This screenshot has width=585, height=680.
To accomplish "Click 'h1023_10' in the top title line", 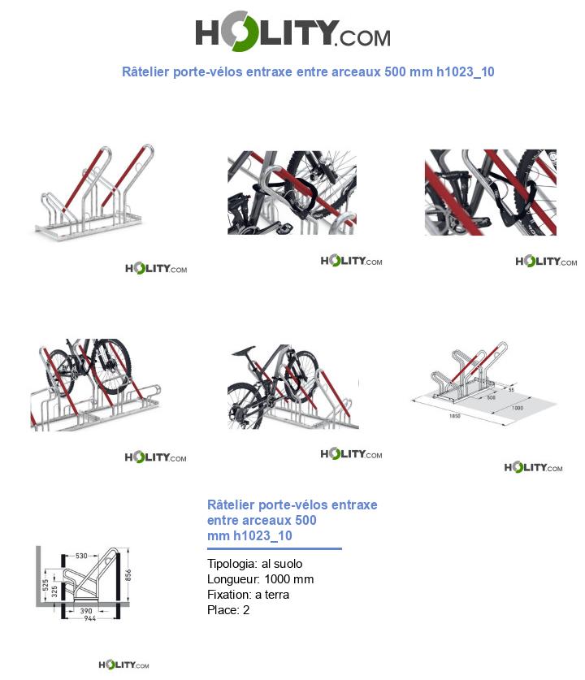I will pyautogui.click(x=465, y=71).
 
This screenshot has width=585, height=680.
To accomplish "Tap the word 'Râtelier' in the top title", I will pyautogui.click(x=145, y=71).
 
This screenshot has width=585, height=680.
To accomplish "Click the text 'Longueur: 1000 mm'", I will pyautogui.click(x=260, y=579).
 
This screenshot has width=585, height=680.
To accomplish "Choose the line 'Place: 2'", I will pyautogui.click(x=228, y=610).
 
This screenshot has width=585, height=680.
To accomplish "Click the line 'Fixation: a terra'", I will pyautogui.click(x=248, y=595).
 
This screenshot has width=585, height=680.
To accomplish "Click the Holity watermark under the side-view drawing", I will pyautogui.click(x=123, y=665).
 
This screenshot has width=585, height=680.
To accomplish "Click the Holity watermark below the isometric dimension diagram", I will pyautogui.click(x=533, y=467).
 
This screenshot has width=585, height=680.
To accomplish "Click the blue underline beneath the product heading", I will pyautogui.click(x=274, y=549).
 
